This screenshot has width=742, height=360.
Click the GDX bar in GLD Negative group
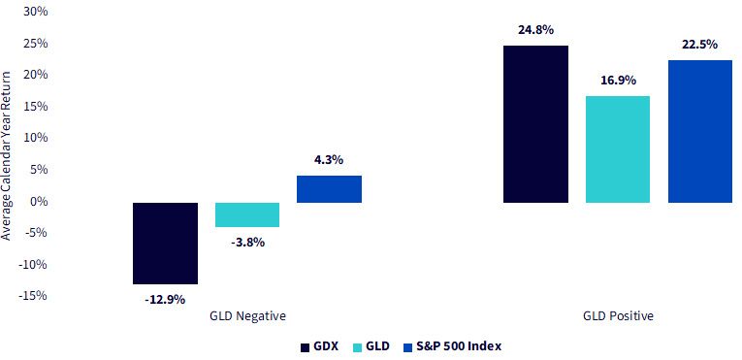click(165, 243)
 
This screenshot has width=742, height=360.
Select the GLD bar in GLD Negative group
click(247, 214)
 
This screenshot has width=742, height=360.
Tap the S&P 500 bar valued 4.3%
click(330, 189)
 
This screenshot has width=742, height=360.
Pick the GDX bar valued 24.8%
click(535, 124)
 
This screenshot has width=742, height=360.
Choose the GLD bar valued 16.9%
click(618, 149)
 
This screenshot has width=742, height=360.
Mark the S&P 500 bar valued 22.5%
click(700, 131)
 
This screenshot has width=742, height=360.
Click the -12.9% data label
click(165, 300)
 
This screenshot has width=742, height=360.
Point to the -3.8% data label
click(247, 243)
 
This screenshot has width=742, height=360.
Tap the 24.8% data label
click(535, 30)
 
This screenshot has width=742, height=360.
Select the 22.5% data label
click(700, 45)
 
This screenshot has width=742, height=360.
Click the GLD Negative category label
click(247, 316)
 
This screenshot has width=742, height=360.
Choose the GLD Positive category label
click(618, 316)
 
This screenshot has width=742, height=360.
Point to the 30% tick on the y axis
click(36, 12)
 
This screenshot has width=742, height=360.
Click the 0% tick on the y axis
click(39, 201)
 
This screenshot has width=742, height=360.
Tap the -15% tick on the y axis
click(34, 296)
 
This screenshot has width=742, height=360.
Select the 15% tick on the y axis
click(37, 106)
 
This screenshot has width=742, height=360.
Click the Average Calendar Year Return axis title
click(6, 156)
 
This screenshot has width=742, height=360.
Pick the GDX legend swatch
click(306, 347)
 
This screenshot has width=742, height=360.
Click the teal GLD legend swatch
click(357, 347)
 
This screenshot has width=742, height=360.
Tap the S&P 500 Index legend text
click(459, 346)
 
